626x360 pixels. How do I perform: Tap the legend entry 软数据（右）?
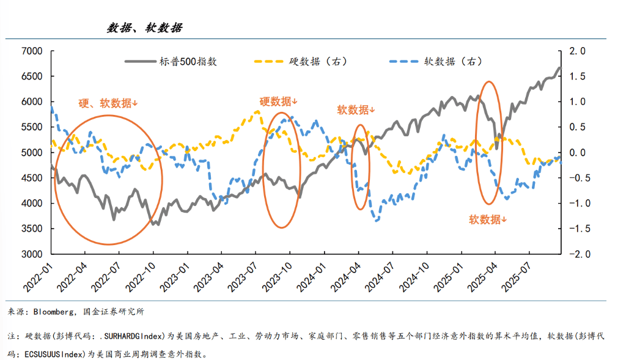pyautogui.click(x=453, y=61)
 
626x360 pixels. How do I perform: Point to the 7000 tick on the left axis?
pyautogui.click(x=31, y=51)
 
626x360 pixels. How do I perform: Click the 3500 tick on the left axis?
pyautogui.click(x=31, y=229)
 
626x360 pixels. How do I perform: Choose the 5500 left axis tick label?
pyautogui.click(x=31, y=127)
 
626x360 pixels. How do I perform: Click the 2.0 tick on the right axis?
pyautogui.click(x=578, y=51)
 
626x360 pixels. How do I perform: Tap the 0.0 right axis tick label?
pyautogui.click(x=578, y=152)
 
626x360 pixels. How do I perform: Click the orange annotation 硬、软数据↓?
pyautogui.click(x=108, y=103)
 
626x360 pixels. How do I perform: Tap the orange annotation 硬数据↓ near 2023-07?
pyautogui.click(x=278, y=101)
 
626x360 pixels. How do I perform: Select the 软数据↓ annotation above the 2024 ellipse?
pyautogui.click(x=356, y=110)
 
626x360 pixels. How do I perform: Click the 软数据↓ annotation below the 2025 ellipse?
pyautogui.click(x=488, y=219)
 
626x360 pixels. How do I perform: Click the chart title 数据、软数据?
pyautogui.click(x=144, y=28)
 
